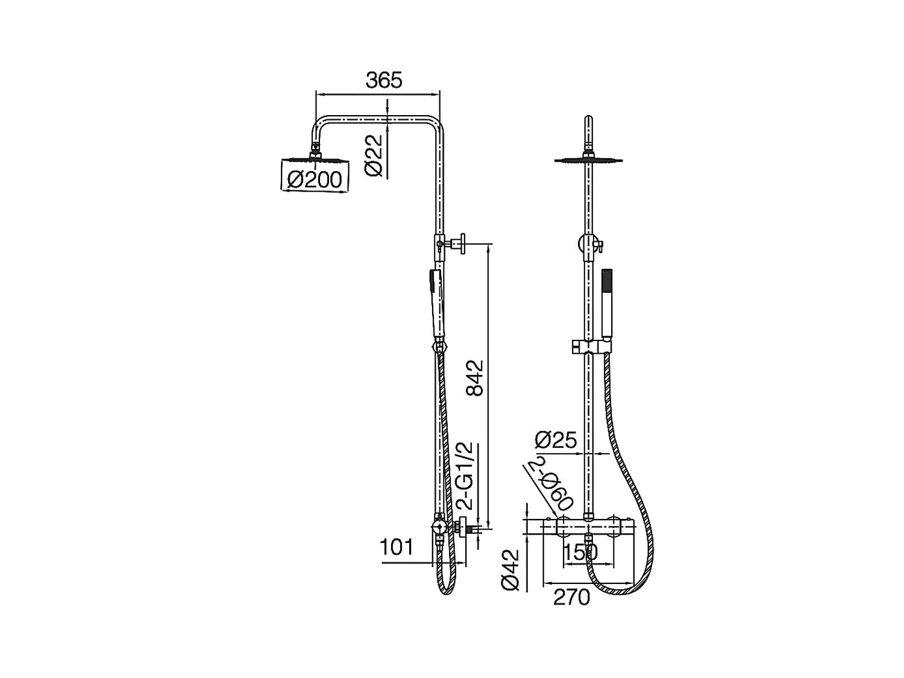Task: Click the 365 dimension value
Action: pos(383,80)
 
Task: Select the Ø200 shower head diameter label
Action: pos(315,180)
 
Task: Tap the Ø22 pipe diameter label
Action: pos(374,155)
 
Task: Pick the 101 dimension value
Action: pos(396,547)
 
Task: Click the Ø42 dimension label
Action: pos(510,570)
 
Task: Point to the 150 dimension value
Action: pos(580,553)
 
